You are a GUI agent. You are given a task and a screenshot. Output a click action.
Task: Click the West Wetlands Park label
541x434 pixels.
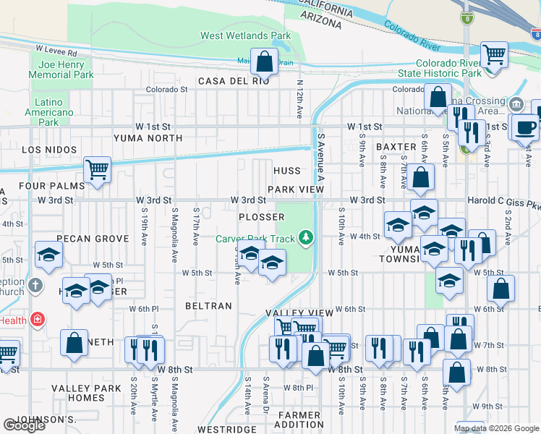pyautogui.click(x=245, y=35)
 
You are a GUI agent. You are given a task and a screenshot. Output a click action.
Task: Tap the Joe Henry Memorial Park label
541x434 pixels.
pyautogui.click(x=61, y=69)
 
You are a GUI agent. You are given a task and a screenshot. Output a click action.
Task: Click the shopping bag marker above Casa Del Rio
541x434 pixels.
pyautogui.click(x=265, y=62)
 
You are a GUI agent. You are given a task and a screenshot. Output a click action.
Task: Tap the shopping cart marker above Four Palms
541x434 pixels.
pyautogui.click(x=96, y=170)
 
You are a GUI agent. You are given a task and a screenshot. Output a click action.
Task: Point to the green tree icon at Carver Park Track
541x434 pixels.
pyautogui.click(x=307, y=237)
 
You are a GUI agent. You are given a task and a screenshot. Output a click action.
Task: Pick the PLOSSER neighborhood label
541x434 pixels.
pyautogui.click(x=262, y=217)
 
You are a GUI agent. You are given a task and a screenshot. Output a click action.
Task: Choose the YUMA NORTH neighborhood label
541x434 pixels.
pyautogui.click(x=148, y=137)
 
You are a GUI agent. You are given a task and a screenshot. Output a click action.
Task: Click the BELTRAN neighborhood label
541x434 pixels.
pyautogui.click(x=208, y=306)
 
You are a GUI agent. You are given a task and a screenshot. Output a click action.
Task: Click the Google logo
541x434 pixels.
pyautogui.click(x=24, y=425)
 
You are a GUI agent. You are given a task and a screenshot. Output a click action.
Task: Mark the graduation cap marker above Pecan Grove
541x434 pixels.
pyautogui.click(x=49, y=255)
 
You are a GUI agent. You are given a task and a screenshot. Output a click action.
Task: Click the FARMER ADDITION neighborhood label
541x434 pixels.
pyautogui.click(x=297, y=420)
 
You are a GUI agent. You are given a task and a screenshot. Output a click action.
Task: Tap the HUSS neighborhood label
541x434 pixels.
pyautogui.click(x=287, y=171)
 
